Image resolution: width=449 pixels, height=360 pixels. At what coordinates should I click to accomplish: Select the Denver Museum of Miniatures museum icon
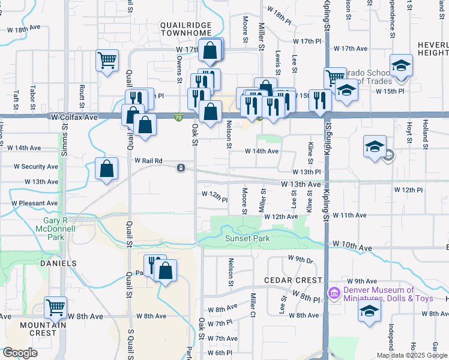(334, 293)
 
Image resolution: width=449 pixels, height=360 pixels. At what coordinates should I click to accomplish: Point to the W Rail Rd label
(148, 161)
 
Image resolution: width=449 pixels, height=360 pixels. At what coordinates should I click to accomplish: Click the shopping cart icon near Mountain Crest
(55, 308)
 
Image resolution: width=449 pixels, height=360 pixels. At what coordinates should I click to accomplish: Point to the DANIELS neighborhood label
(58, 263)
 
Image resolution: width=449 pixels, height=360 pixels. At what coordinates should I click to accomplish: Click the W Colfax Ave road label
(74, 117)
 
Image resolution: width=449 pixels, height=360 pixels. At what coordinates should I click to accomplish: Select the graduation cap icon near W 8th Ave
(369, 311)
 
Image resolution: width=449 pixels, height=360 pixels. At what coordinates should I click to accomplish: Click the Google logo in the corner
(20, 353)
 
